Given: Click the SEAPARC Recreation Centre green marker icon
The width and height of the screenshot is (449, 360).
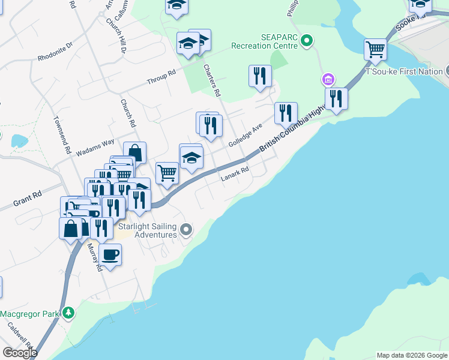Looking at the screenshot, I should coord(307,41).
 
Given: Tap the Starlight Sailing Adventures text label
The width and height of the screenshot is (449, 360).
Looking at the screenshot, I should coord(148,230).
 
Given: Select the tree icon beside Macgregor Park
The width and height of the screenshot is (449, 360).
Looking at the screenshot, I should coord(69,313).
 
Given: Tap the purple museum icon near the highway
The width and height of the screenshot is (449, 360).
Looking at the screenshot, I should coord(327,79).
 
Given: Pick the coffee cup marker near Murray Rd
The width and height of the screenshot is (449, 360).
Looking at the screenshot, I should coord(110,254).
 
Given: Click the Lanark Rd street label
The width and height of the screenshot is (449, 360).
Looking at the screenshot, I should coord(234,173).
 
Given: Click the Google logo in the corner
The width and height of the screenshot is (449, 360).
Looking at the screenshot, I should coord(20,353).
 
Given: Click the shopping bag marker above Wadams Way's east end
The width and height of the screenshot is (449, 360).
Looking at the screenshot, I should coord(135,152).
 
